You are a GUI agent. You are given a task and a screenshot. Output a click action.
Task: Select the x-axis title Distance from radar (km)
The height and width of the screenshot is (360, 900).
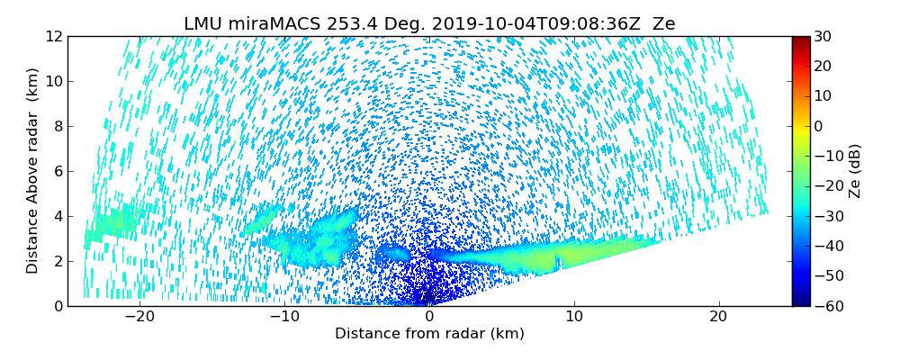tap(429, 334)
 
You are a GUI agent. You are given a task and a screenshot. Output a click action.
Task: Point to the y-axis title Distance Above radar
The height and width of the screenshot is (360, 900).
tap(32, 171)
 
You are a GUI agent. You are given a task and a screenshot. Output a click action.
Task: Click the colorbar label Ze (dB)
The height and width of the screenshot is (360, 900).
tap(854, 171)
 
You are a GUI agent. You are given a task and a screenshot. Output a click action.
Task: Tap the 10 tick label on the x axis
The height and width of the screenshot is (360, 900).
tap(574, 317)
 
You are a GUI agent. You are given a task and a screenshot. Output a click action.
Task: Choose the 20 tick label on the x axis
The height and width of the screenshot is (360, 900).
tap(718, 317)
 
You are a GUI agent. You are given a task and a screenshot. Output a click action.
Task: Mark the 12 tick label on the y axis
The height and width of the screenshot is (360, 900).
tap(52, 36)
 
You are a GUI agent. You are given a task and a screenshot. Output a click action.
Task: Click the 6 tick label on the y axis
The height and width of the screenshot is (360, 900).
tap(56, 171)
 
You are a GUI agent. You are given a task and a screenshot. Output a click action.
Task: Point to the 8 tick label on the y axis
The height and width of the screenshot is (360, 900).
tap(56, 126)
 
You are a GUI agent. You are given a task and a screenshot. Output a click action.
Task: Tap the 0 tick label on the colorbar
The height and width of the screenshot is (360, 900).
tap(820, 126)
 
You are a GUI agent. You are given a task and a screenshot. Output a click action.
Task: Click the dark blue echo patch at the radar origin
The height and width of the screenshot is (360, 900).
tap(428, 293)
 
